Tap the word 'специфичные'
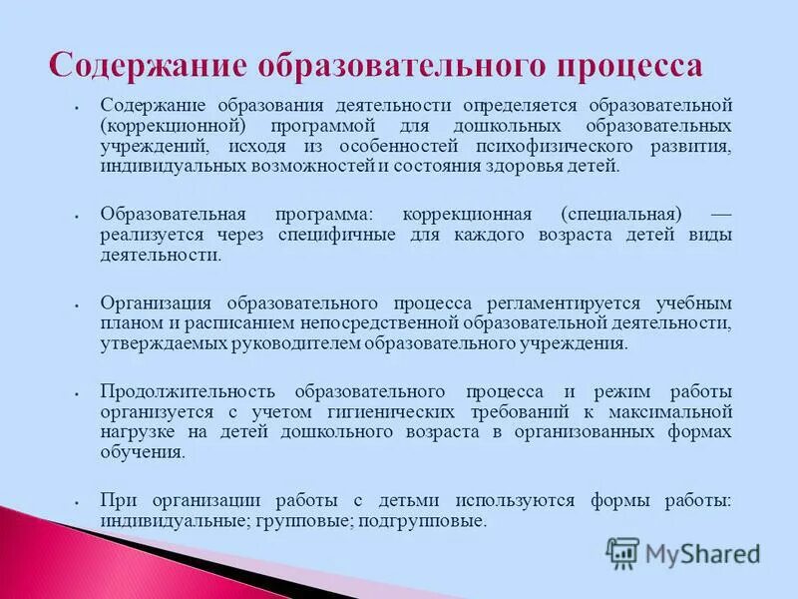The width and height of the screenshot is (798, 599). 344,235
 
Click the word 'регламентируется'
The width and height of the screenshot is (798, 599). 562,302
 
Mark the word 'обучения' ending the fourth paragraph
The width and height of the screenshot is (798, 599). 141,450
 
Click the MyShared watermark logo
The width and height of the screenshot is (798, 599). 682,553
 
